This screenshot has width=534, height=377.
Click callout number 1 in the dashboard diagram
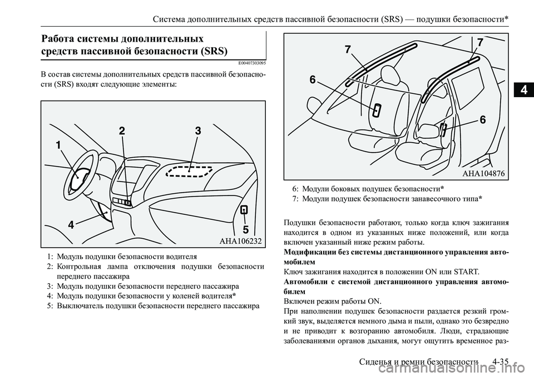(x=58, y=145)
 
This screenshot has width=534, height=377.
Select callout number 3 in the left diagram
(x=197, y=131)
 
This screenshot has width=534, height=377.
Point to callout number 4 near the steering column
(x=71, y=225)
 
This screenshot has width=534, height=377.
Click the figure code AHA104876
(x=484, y=174)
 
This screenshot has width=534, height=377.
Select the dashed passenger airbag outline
(x=189, y=170)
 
